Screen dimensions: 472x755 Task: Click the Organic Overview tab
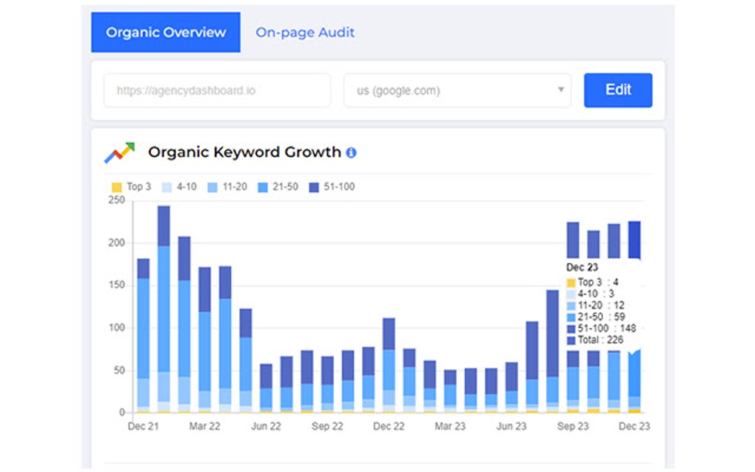point(166,33)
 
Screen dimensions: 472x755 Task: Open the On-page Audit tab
point(305,33)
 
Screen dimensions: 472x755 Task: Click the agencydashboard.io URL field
point(217,91)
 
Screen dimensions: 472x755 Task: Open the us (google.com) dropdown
point(457,91)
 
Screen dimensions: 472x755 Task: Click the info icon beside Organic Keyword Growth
point(351,152)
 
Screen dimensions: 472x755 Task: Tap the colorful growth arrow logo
point(119,152)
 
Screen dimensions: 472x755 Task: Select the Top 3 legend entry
point(131,187)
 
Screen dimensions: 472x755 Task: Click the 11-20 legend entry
point(228,187)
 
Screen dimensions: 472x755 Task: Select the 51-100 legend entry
point(332,187)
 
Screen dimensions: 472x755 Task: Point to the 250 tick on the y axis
point(116,200)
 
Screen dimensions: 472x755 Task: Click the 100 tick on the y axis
point(116,328)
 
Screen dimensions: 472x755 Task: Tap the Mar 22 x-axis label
point(204,427)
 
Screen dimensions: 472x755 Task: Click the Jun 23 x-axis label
point(511,427)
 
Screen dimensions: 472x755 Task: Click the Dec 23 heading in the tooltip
point(582,267)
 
